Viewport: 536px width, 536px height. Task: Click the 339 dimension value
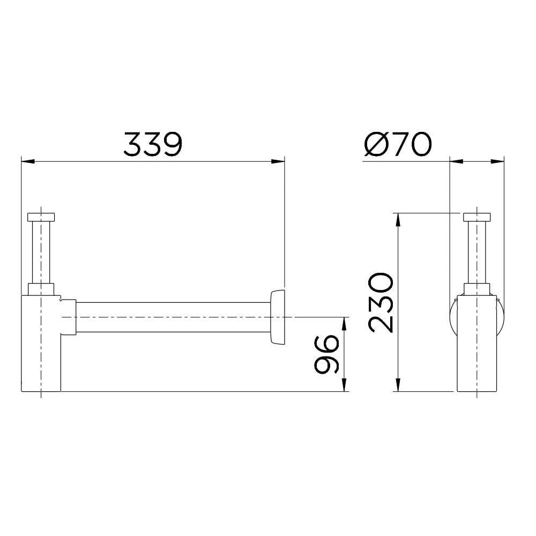pyautogui.click(x=153, y=143)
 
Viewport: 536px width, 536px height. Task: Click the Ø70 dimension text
pyautogui.click(x=397, y=143)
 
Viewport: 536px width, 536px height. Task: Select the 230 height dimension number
pyautogui.click(x=381, y=302)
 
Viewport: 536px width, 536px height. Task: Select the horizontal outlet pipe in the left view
pyautogui.click(x=172, y=317)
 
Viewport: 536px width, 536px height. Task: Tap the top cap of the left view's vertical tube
pyautogui.click(x=41, y=217)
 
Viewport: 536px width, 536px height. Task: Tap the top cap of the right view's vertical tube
pyautogui.click(x=477, y=217)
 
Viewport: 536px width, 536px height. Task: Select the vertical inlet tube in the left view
pyautogui.click(x=41, y=252)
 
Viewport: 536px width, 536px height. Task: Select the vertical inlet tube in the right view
pyautogui.click(x=477, y=252)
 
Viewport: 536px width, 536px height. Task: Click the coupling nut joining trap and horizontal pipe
pyautogui.click(x=69, y=317)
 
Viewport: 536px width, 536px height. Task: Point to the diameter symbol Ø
pyautogui.click(x=374, y=143)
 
